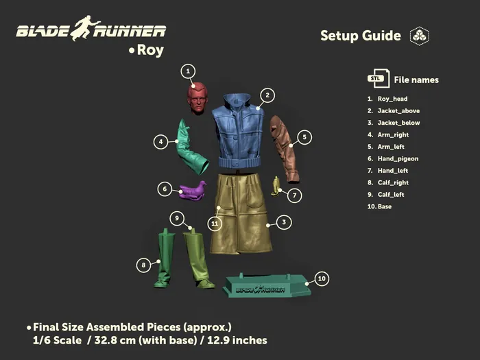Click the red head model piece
[x=197, y=98]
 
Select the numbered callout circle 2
[x=267, y=95]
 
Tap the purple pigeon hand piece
[x=193, y=191]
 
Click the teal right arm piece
[x=191, y=149]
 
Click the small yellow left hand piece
[x=276, y=186]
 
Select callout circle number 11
[x=215, y=224]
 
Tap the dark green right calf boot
[x=164, y=258]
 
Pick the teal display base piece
[x=267, y=286]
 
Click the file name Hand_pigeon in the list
[x=398, y=158]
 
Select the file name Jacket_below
[x=398, y=123]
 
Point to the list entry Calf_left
[x=391, y=194]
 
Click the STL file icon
[x=379, y=79]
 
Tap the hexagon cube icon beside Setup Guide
[x=420, y=36]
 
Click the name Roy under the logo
[x=150, y=50]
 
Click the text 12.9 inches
[x=237, y=340]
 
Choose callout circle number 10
[x=322, y=278]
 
